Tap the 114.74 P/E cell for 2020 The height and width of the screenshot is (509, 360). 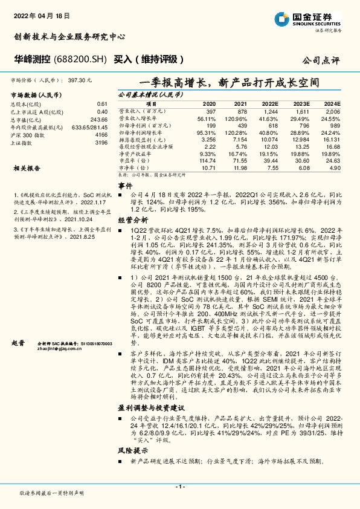pos(207,160)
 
